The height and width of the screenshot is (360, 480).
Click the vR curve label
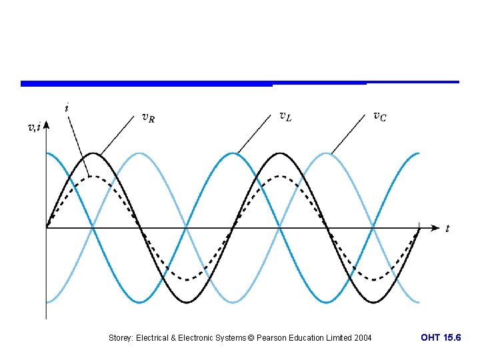(149, 118)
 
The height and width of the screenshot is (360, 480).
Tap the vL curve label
(285, 117)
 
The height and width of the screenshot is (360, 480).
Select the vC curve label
(379, 117)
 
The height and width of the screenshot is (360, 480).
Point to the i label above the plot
(67, 107)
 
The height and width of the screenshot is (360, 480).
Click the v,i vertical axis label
(33, 127)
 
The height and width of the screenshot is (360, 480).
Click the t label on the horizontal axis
(447, 229)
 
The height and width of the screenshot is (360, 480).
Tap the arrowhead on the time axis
(435, 228)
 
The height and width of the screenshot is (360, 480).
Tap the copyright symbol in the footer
(251, 338)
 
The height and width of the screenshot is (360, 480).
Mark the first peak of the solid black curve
(93, 154)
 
